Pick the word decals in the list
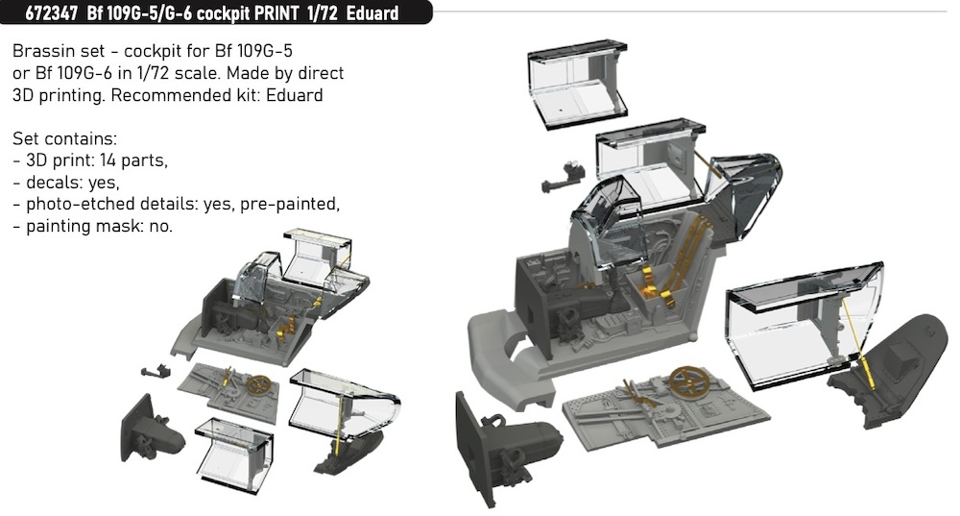50,183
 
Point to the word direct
319,74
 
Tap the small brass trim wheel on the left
258,384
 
